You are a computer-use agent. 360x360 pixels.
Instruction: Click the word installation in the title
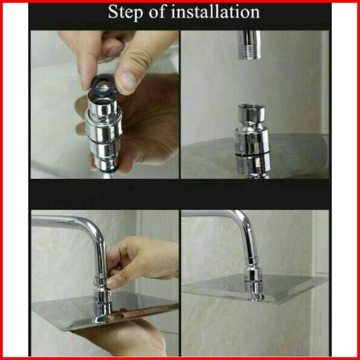coord(216,12)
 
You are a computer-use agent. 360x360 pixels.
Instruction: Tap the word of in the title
coord(157,12)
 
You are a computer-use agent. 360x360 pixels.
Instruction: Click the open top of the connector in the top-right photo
coord(251,107)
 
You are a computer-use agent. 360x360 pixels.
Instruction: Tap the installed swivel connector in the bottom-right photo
coord(254,278)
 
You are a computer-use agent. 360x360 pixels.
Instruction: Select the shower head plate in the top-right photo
coord(255,156)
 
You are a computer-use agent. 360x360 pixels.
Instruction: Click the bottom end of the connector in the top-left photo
coord(106,169)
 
